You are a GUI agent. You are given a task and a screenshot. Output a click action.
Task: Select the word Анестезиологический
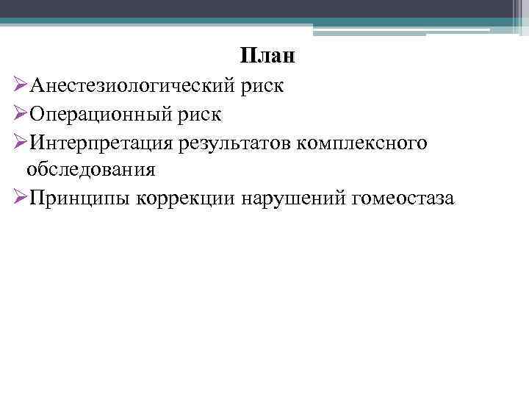click(131, 86)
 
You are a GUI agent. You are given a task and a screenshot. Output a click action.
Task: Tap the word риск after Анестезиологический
click(261, 86)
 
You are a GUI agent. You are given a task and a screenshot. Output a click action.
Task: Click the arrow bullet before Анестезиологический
click(21, 86)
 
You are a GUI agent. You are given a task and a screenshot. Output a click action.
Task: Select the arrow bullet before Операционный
click(21, 115)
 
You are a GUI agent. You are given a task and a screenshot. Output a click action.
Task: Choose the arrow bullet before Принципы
click(21, 198)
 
